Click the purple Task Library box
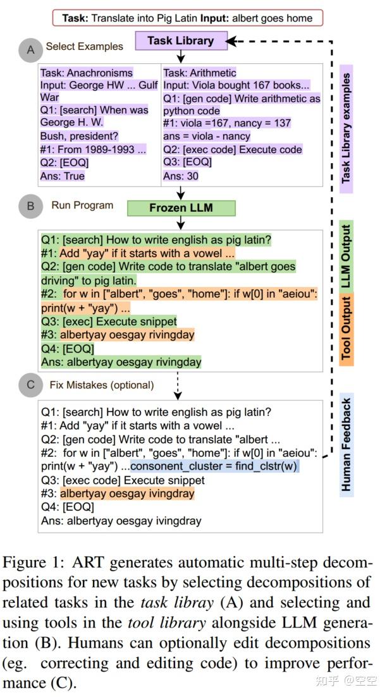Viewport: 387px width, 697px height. pyautogui.click(x=180, y=41)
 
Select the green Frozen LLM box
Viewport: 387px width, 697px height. pyautogui.click(x=181, y=208)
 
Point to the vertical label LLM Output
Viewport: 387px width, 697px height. pyautogui.click(x=346, y=255)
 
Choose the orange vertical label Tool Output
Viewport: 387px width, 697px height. pyautogui.click(x=346, y=328)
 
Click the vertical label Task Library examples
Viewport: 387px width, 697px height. pyautogui.click(x=346, y=128)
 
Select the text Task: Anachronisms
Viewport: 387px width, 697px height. pyautogui.click(x=87, y=73)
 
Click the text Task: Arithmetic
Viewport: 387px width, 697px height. pyautogui.click(x=200, y=73)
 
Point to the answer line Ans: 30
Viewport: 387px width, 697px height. pyautogui.click(x=181, y=176)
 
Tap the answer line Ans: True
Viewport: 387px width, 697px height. pyautogui.click(x=63, y=176)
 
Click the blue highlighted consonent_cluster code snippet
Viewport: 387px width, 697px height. pyautogui.click(x=214, y=466)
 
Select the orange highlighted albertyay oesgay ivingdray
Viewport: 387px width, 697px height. pyautogui.click(x=127, y=494)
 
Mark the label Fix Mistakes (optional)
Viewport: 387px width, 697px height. pyautogui.click(x=102, y=384)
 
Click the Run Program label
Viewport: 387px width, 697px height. pyautogui.click(x=83, y=205)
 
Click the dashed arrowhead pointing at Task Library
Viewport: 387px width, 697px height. pyautogui.click(x=231, y=41)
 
